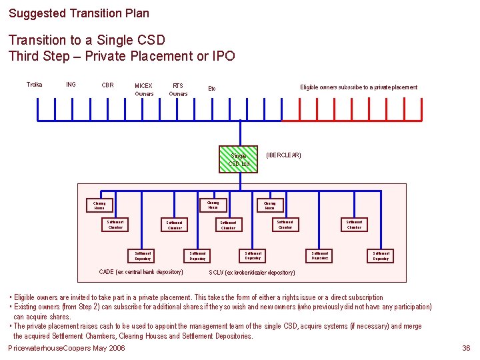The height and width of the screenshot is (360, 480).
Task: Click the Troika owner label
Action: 34,85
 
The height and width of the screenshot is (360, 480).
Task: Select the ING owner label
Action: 71,85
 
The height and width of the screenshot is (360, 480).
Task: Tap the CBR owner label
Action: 107,85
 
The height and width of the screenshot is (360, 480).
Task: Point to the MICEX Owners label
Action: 144,89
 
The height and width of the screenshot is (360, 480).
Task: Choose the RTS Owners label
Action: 178,89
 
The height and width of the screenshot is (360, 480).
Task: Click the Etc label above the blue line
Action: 212,88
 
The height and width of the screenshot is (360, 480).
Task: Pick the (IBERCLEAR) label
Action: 283,155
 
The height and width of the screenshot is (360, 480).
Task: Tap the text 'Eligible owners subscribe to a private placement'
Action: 359,87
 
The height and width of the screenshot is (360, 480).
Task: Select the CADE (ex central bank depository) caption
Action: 141,272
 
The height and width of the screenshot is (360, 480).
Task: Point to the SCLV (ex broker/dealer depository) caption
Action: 252,273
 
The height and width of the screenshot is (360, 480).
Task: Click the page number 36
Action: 467,349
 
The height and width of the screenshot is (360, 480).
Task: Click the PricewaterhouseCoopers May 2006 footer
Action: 66,349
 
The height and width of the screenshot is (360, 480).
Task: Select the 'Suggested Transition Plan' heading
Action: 79,13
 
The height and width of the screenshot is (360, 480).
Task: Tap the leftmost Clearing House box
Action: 99,205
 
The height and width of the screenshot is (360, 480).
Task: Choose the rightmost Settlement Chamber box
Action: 354,225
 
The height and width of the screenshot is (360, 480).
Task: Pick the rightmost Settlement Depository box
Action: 381,255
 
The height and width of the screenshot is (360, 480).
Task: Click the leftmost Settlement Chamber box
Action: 115,225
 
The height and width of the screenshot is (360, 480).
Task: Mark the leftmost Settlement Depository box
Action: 143,255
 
